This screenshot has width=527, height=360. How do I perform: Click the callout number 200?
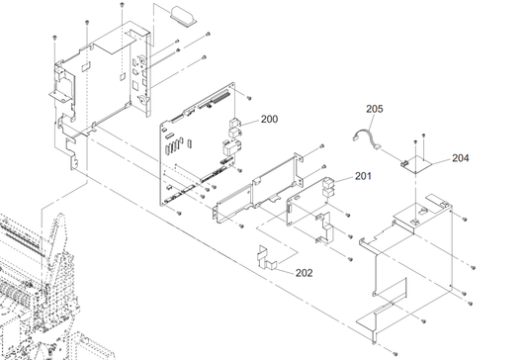(x=270, y=119)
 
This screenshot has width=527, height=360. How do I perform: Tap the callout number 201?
(x=363, y=176)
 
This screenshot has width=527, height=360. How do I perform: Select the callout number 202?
(x=305, y=273)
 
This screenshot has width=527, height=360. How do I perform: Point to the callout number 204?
(x=461, y=157)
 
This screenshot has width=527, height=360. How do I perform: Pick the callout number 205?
(x=375, y=109)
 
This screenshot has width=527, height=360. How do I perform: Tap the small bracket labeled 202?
(x=267, y=258)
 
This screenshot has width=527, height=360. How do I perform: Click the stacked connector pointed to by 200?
(x=234, y=128)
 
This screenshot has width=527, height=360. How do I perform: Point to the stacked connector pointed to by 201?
(x=328, y=188)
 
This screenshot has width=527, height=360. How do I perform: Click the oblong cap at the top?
(x=183, y=17)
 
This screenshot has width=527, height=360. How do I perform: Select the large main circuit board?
(x=198, y=144)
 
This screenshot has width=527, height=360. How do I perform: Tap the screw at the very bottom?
(x=395, y=353)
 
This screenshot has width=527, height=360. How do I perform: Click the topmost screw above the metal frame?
(x=122, y=4)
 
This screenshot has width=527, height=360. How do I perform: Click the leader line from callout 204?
(x=439, y=161)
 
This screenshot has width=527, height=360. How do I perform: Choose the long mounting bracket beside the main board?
(x=258, y=187)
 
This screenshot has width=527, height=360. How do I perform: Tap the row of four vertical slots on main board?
(x=173, y=146)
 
